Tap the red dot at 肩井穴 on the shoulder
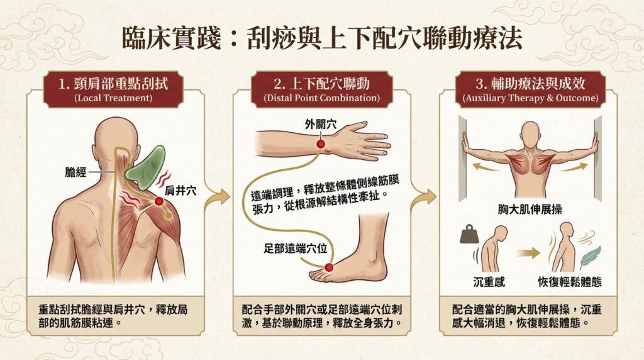158,201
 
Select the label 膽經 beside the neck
76,172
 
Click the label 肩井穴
180,191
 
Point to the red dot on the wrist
320,144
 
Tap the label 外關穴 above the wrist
321,124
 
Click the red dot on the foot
328,267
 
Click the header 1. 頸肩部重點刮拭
113,84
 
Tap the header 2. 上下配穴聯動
321,84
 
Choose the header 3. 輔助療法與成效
530,84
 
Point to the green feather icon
591,257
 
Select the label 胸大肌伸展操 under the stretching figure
530,210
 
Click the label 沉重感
489,282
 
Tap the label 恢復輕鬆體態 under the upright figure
570,282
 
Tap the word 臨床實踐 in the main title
172,39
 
